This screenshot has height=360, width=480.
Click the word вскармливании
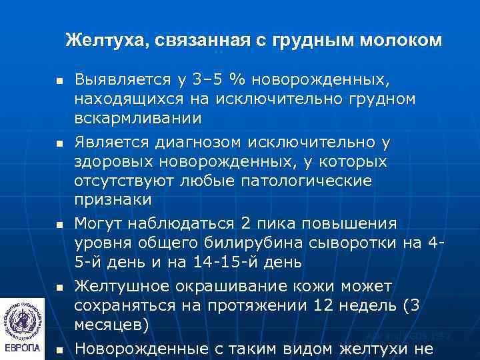pos(137,118)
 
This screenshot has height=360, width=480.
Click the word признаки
pos(113,200)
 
